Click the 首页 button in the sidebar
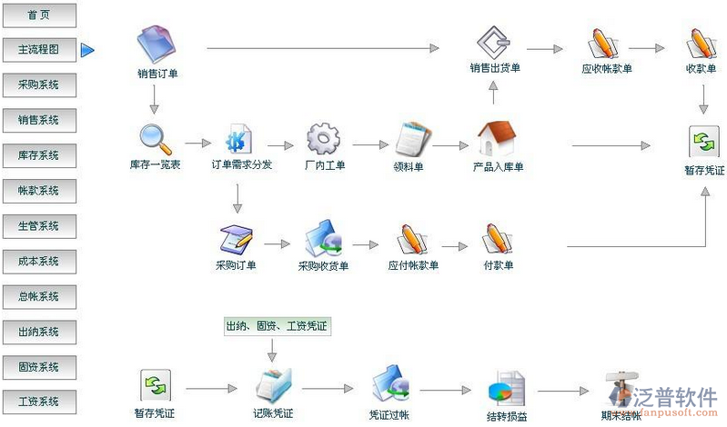pyautogui.click(x=39, y=15)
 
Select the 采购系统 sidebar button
pyautogui.click(x=39, y=85)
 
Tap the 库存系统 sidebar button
pyautogui.click(x=39, y=155)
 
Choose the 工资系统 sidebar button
pyautogui.click(x=39, y=402)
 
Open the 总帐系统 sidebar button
pyautogui.click(x=39, y=296)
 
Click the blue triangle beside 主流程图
pyautogui.click(x=87, y=50)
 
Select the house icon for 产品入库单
pyautogui.click(x=497, y=139)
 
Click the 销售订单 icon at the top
pyautogui.click(x=157, y=43)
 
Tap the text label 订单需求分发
pyautogui.click(x=241, y=166)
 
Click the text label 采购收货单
pyautogui.click(x=324, y=266)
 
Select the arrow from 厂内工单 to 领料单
pyautogui.click(x=369, y=144)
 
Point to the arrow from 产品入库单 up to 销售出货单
pyautogui.click(x=492, y=92)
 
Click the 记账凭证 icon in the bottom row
pyautogui.click(x=274, y=386)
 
